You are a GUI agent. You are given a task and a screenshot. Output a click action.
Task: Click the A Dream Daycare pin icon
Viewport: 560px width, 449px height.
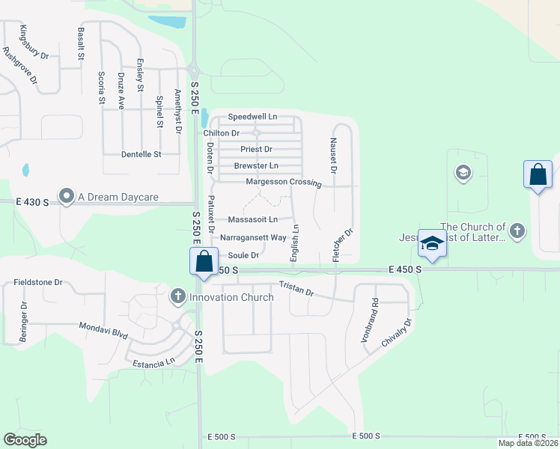click(x=67, y=197)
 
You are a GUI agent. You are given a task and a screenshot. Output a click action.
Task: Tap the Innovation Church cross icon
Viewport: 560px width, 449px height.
click(x=178, y=296)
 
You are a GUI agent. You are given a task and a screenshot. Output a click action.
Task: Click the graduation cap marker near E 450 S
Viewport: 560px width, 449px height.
click(x=431, y=242)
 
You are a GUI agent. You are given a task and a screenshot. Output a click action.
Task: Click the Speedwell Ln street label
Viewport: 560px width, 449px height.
click(x=252, y=117)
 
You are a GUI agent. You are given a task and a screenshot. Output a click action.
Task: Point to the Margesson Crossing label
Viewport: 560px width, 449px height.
click(x=284, y=183)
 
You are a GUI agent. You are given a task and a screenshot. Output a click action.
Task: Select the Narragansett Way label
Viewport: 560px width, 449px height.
click(x=253, y=237)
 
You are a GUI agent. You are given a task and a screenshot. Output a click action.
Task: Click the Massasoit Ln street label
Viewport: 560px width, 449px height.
click(x=253, y=220)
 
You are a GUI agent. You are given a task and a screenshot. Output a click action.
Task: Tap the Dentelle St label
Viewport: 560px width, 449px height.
click(x=141, y=155)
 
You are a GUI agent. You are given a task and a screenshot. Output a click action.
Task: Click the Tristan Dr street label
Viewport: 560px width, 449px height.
click(x=296, y=288)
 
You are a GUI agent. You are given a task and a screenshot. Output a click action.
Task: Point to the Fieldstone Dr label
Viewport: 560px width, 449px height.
click(x=37, y=283)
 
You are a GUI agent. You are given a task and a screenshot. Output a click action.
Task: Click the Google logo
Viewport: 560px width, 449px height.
click(x=25, y=440)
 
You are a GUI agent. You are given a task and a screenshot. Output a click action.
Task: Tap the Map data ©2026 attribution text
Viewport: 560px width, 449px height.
click(x=529, y=443)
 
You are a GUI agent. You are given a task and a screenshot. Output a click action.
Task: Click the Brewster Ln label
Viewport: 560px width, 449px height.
click(x=256, y=165)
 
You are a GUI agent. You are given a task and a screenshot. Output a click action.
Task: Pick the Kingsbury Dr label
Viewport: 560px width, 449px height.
click(x=34, y=43)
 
